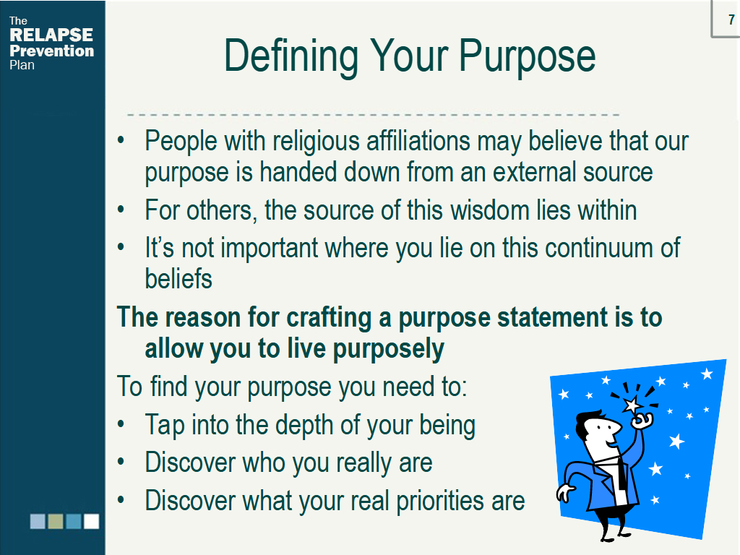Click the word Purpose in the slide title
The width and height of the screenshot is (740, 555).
coord(527,57)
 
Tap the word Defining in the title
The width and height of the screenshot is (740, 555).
coord(291,57)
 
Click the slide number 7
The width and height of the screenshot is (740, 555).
coord(731,20)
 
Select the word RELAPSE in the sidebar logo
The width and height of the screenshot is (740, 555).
coord(51,35)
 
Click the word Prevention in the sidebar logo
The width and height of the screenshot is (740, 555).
coord(51,51)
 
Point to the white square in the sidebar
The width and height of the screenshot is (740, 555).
coord(91,521)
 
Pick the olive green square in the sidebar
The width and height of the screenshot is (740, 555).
coord(56,521)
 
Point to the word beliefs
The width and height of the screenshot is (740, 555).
coord(178,278)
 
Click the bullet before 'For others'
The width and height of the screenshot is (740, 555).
coord(121,210)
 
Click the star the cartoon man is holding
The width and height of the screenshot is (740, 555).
coord(632,405)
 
